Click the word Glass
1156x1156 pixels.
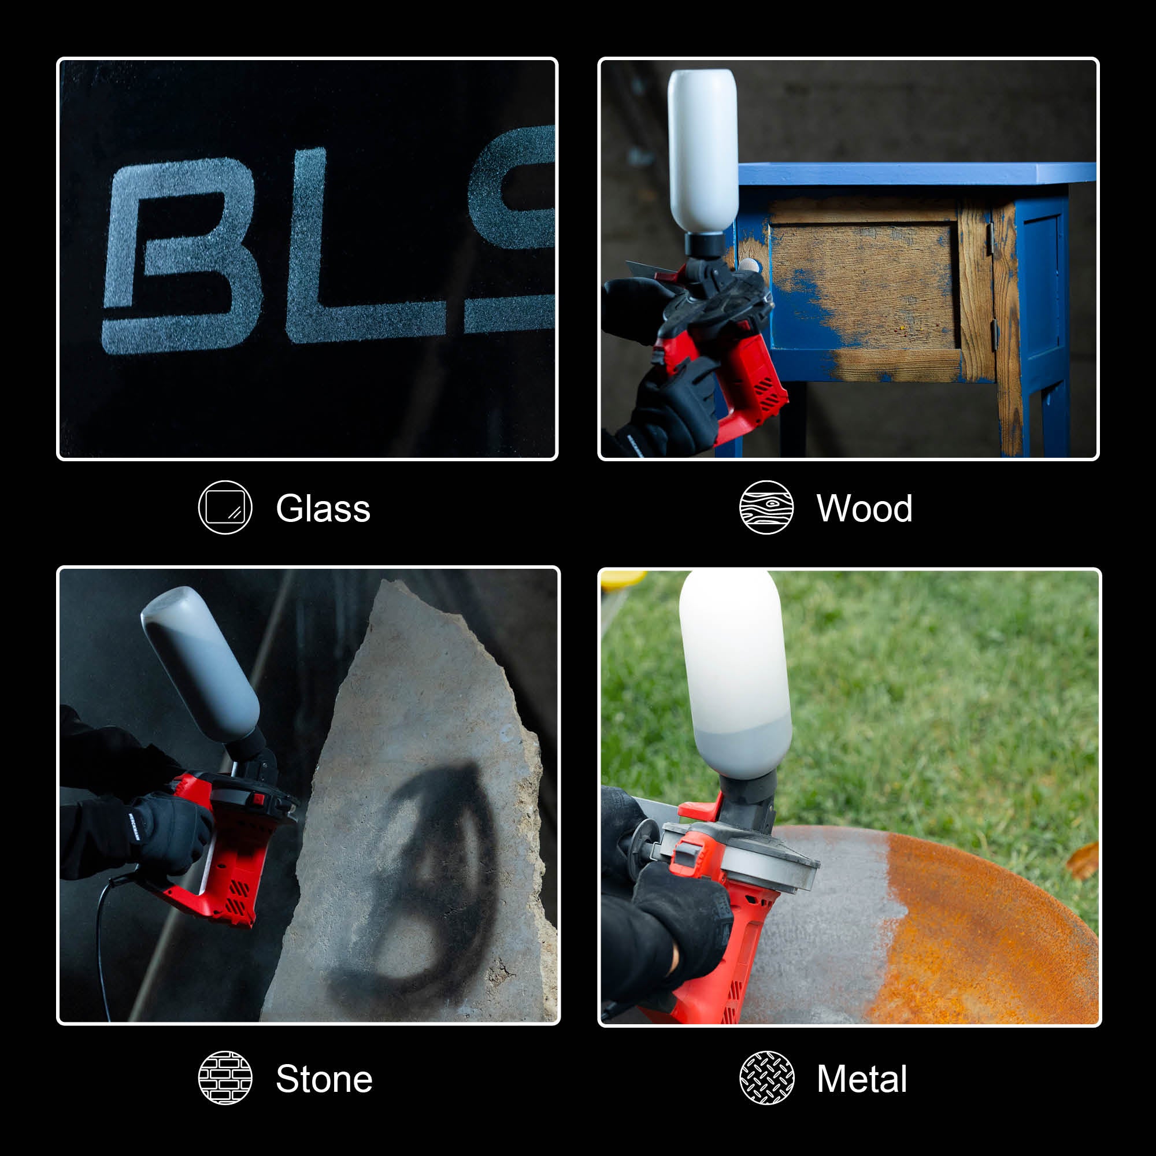[x=323, y=509]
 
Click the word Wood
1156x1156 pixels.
[x=864, y=509]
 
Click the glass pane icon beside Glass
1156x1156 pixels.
[x=225, y=507]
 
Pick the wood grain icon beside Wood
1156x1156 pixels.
[x=766, y=507]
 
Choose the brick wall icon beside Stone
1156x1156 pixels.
[x=225, y=1077]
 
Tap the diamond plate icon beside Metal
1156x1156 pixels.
[x=766, y=1077]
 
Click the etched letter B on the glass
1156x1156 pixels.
[x=180, y=257]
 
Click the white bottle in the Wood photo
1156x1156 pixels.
[x=702, y=150]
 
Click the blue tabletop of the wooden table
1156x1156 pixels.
[x=916, y=173]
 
